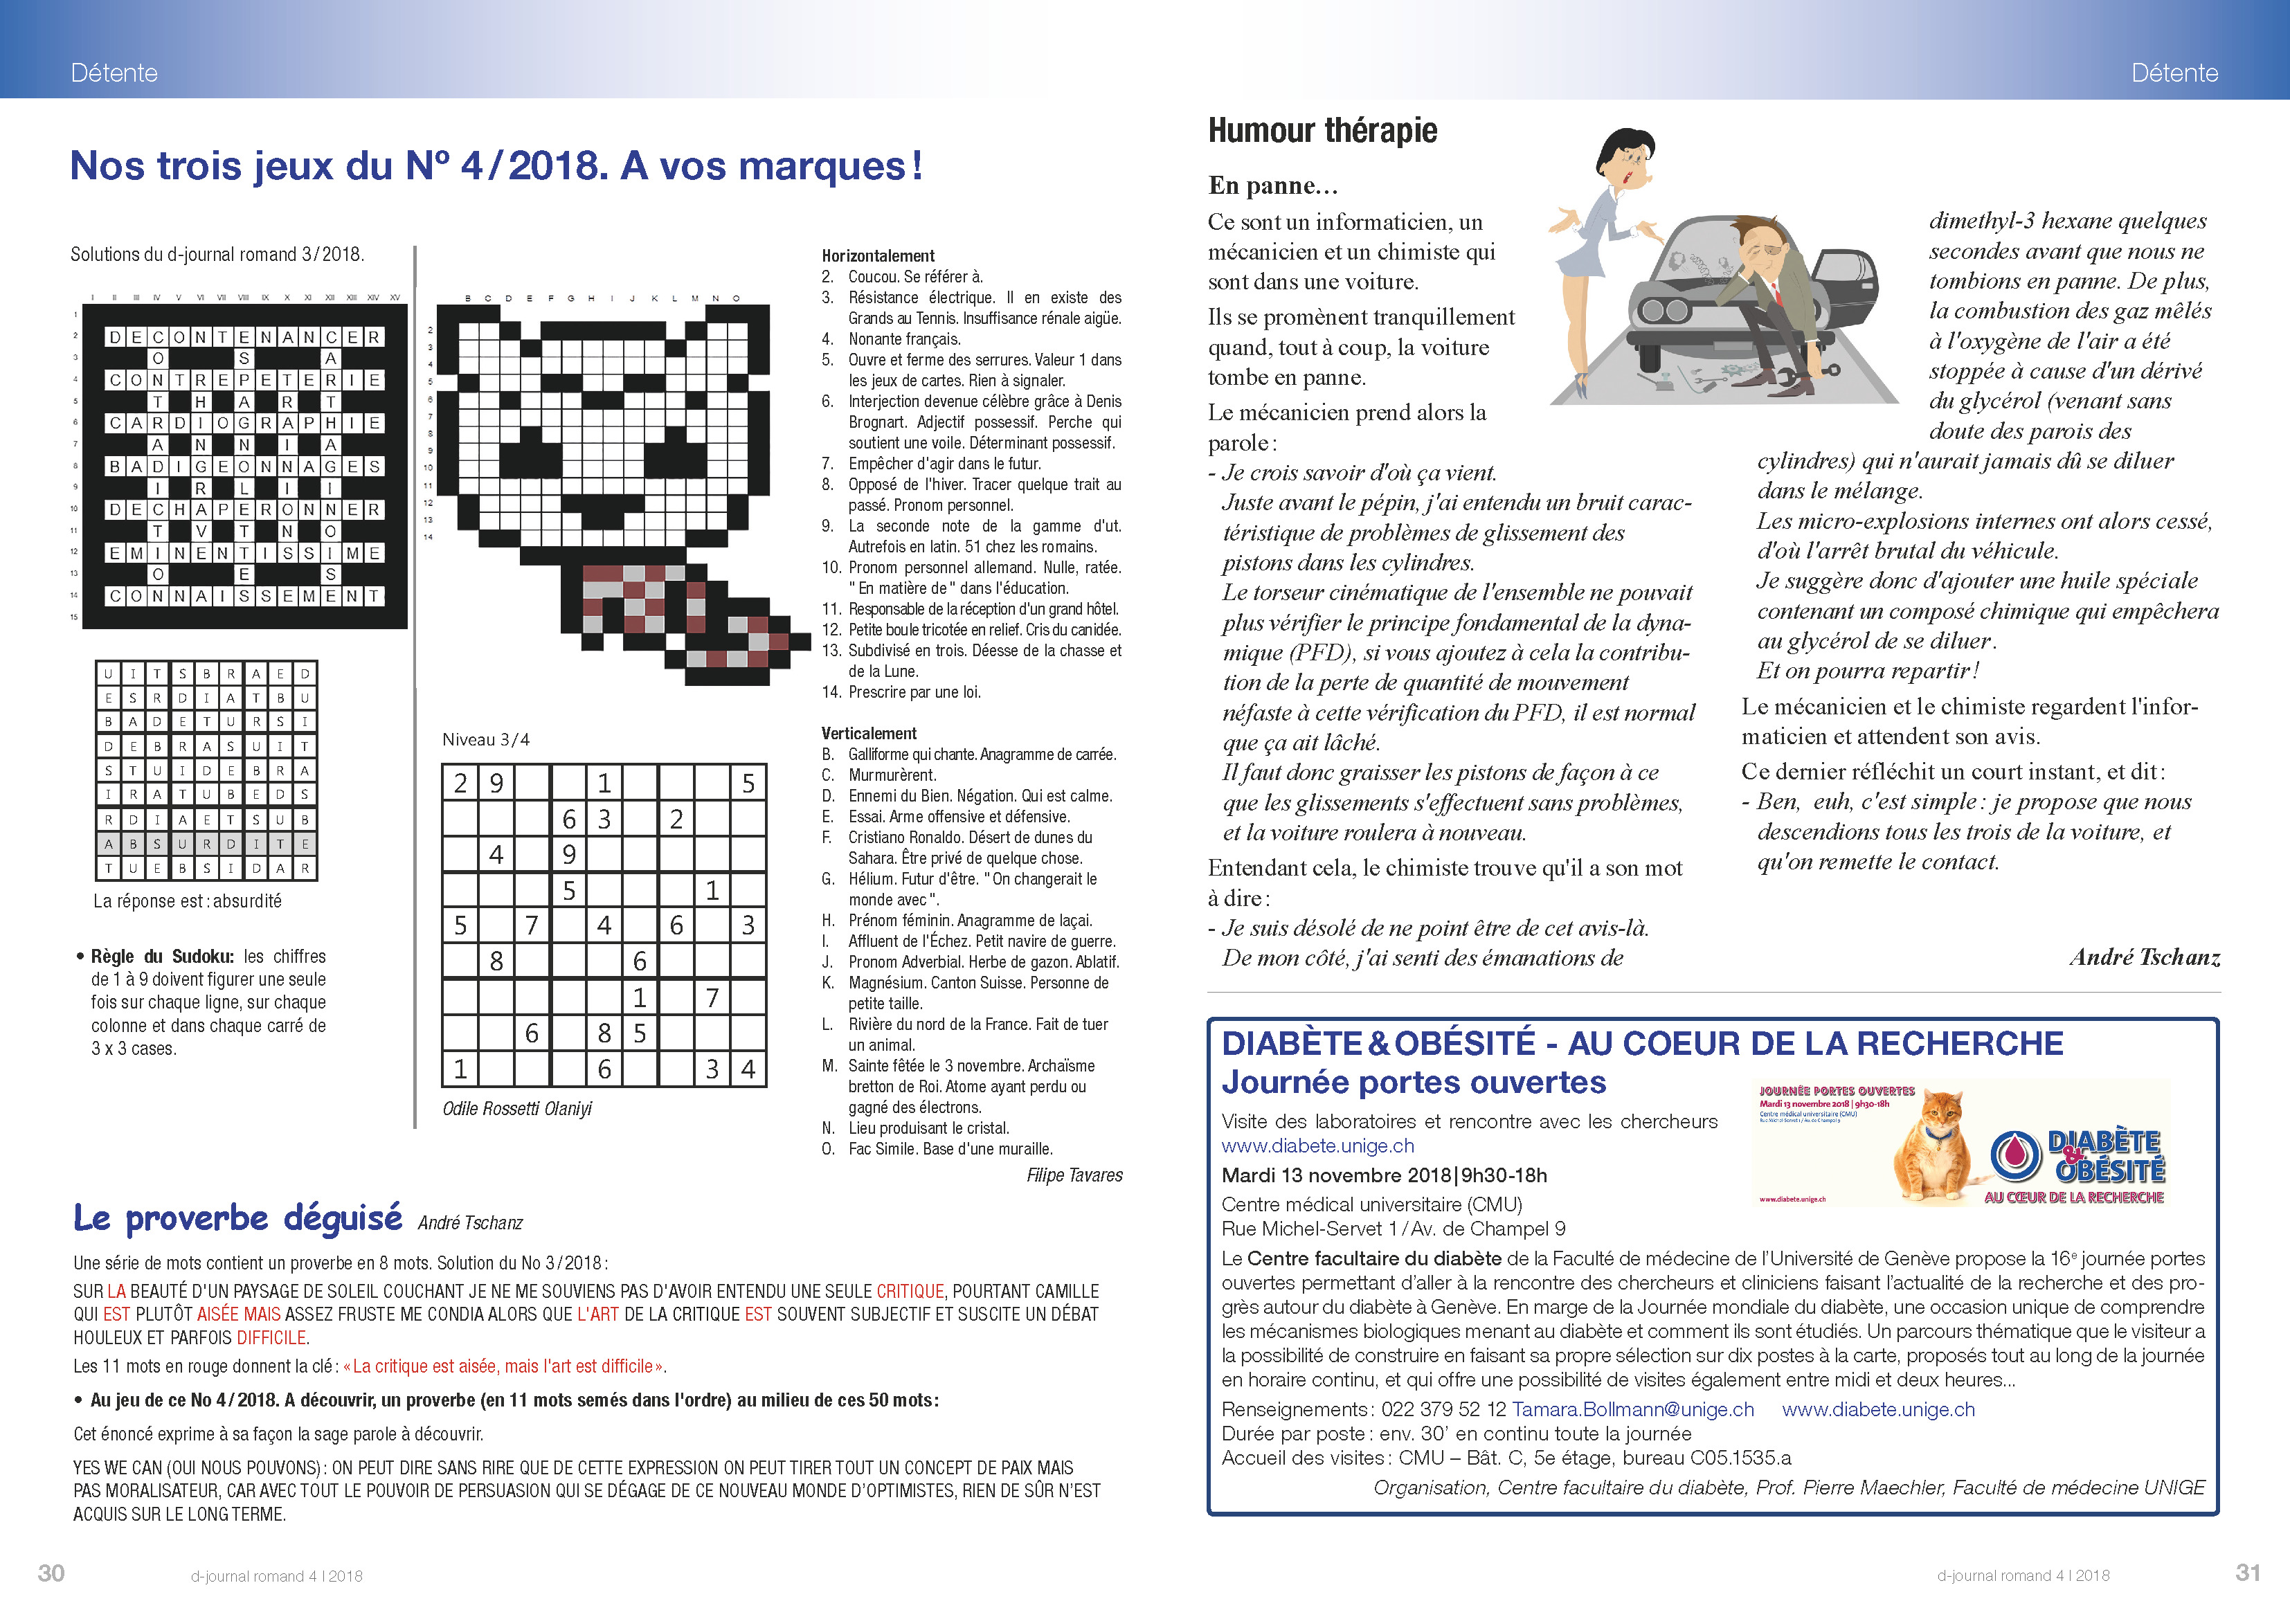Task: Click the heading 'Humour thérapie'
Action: click(x=1322, y=131)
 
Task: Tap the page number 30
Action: click(x=51, y=1573)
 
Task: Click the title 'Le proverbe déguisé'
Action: click(x=237, y=1218)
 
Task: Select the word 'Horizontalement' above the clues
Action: click(x=878, y=255)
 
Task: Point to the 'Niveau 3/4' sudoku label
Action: click(x=486, y=739)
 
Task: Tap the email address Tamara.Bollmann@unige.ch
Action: click(x=1633, y=1409)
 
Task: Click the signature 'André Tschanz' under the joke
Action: click(x=2145, y=958)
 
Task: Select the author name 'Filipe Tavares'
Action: click(x=1074, y=1175)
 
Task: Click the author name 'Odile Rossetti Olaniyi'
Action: click(x=516, y=1108)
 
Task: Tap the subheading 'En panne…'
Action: click(x=1272, y=186)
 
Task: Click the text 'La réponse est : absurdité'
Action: click(x=188, y=901)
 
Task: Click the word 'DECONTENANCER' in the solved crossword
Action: click(x=244, y=337)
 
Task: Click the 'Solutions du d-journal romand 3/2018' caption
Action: click(x=217, y=254)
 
